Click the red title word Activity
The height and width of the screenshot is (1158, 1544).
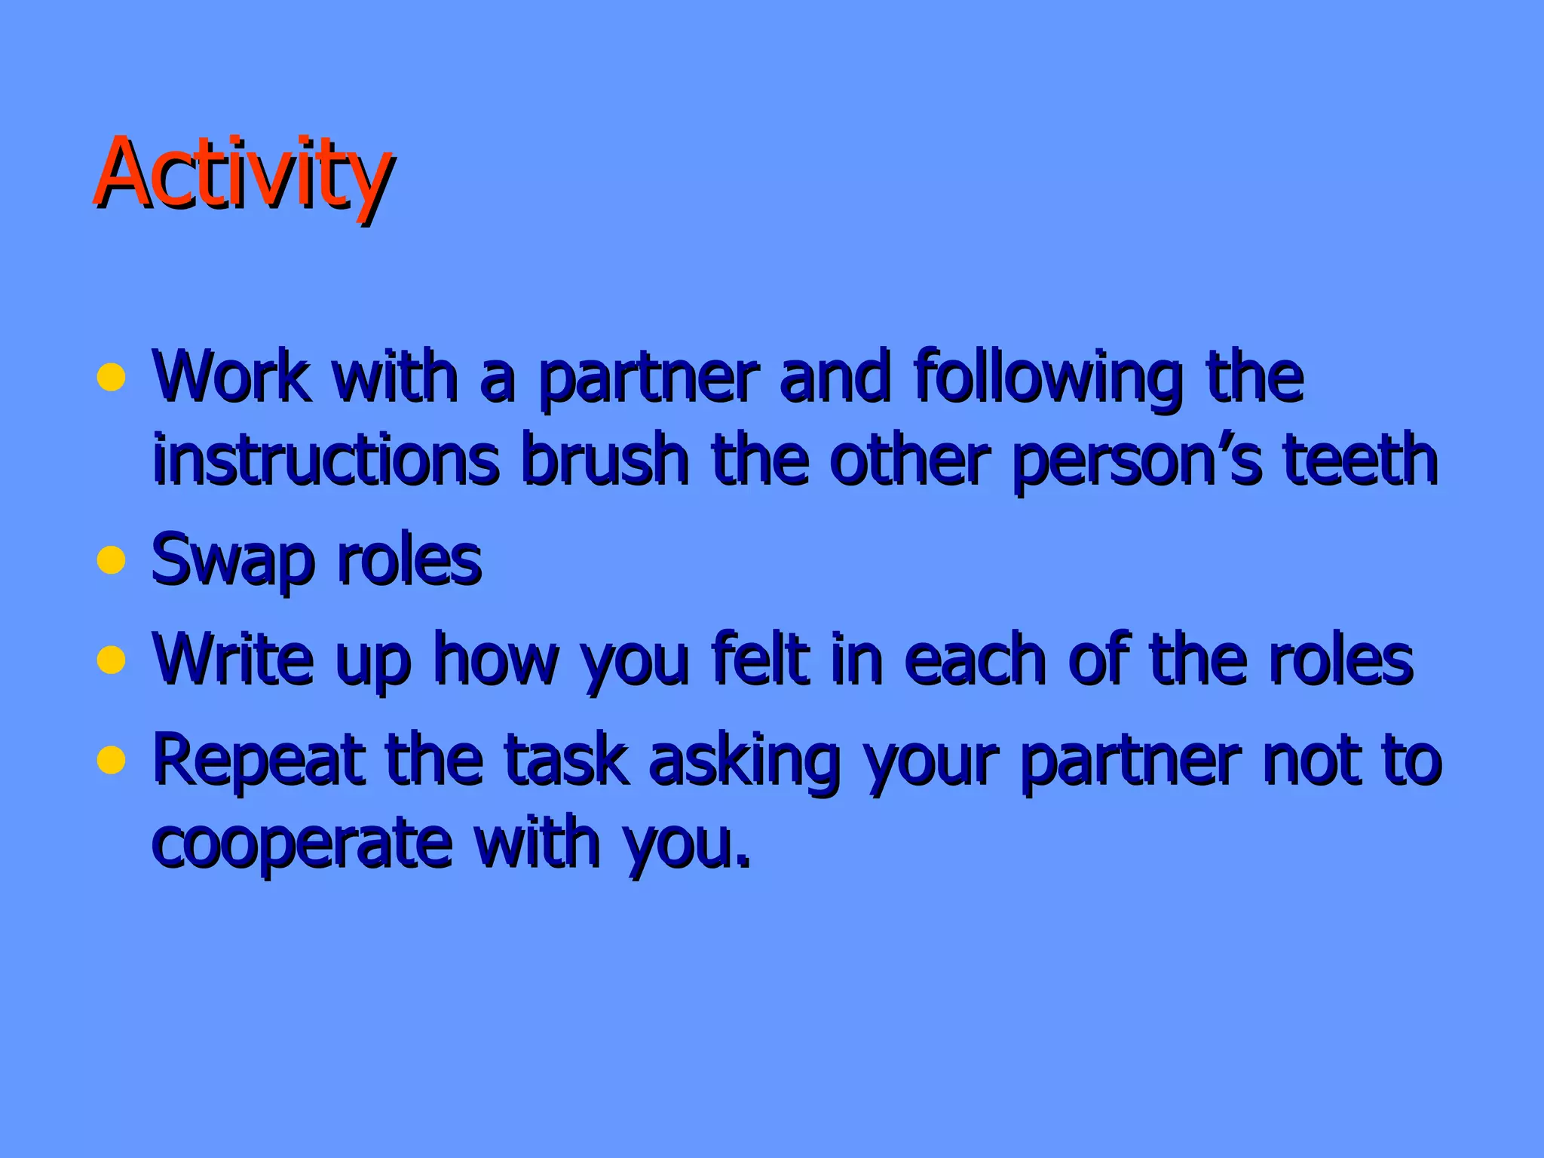243,175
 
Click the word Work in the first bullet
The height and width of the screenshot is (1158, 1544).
230,377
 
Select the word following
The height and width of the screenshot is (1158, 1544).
1047,379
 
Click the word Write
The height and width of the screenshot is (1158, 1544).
232,659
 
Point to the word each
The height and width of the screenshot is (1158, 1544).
974,659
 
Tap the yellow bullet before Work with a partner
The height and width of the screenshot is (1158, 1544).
111,377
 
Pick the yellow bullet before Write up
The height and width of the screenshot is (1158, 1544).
111,660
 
